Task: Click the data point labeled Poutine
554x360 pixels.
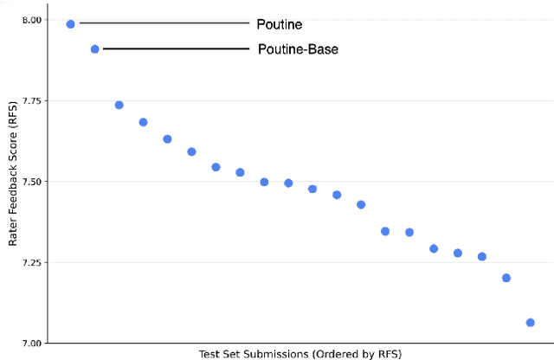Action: coord(71,24)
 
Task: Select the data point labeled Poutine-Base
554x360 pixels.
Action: coord(95,49)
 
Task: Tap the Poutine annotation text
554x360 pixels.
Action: coord(280,24)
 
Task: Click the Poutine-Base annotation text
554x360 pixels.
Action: coord(298,49)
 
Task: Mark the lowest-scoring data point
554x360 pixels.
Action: coord(530,323)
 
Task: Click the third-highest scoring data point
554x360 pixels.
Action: coord(119,105)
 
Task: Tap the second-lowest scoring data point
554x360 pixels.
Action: coord(506,278)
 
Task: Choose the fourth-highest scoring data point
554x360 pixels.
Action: coord(144,122)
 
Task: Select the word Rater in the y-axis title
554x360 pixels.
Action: coord(14,234)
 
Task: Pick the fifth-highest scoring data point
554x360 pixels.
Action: coord(167,138)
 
